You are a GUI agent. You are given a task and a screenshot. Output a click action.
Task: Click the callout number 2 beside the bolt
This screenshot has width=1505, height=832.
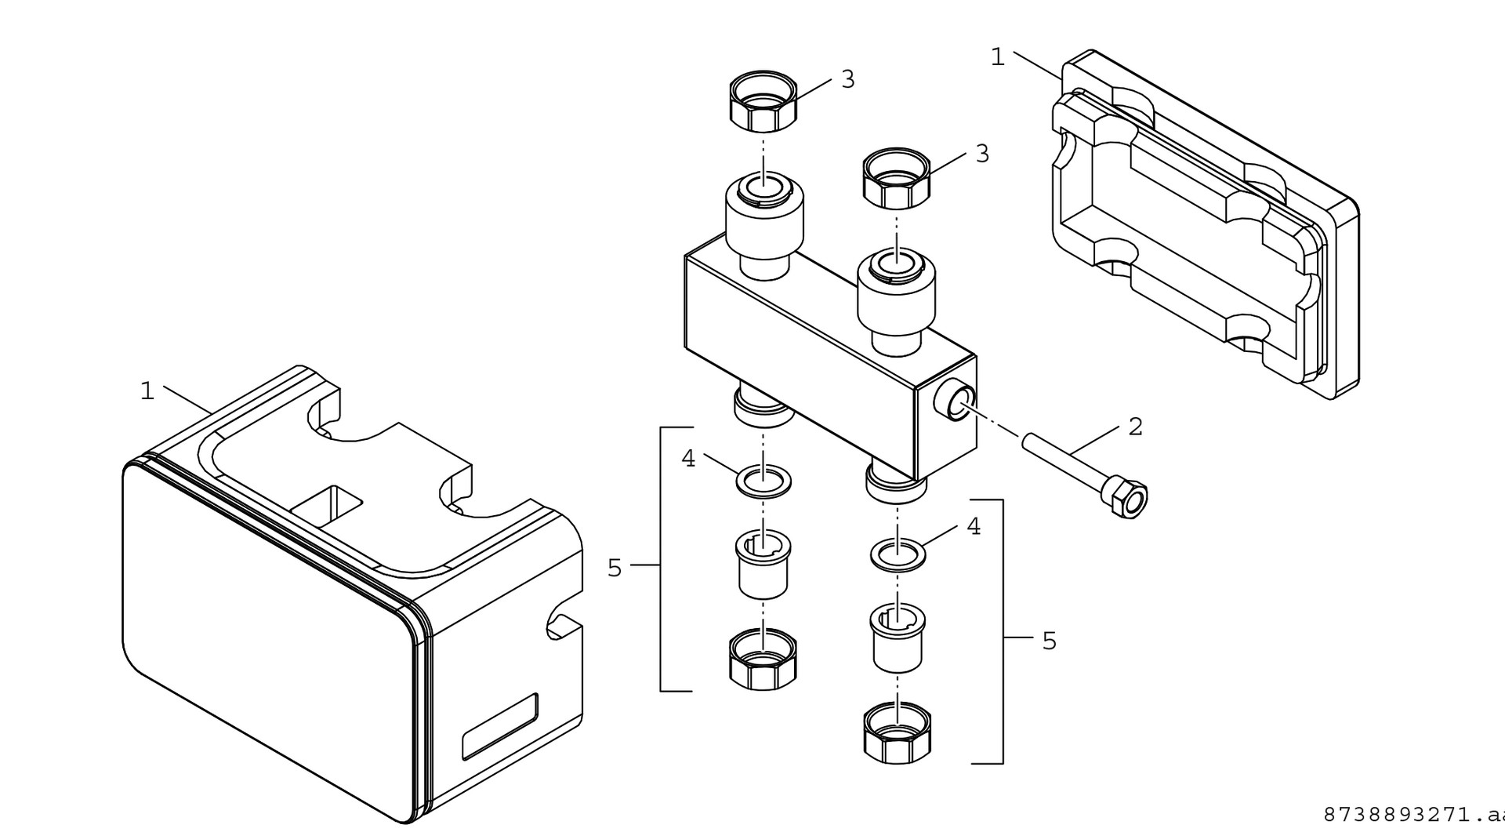tap(1135, 427)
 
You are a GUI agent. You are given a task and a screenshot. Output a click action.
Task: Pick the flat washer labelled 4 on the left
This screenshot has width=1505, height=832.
tap(763, 481)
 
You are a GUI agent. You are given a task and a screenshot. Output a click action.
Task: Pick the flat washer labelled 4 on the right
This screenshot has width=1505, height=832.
tap(898, 555)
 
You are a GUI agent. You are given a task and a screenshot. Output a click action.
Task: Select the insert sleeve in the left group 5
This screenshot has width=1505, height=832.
tap(763, 565)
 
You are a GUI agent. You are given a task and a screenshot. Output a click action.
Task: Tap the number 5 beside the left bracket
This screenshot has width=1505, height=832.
tap(615, 568)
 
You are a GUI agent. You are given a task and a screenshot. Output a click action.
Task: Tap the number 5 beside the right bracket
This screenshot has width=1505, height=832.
tap(1049, 641)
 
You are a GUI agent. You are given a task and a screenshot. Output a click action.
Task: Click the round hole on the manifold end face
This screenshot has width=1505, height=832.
tap(957, 401)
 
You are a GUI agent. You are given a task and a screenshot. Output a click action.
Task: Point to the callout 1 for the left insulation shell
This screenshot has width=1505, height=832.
tap(147, 391)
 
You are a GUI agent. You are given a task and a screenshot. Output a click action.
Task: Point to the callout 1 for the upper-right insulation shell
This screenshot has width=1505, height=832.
tap(997, 57)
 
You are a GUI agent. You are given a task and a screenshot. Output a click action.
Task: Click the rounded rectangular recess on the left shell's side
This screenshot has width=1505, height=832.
tap(500, 726)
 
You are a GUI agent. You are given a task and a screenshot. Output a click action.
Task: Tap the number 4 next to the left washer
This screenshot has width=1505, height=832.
tap(688, 459)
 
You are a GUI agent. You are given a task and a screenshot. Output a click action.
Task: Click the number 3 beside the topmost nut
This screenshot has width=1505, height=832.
tap(847, 79)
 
